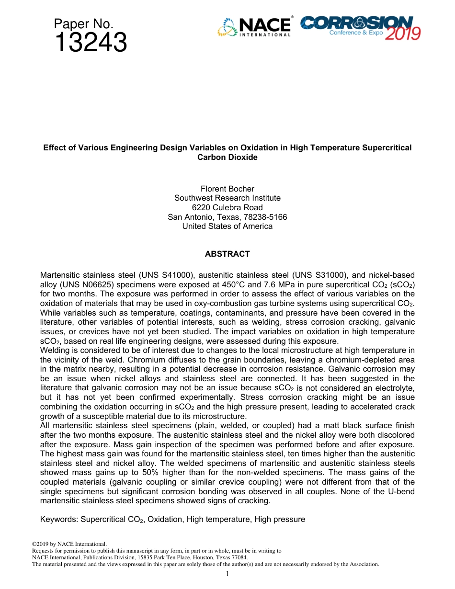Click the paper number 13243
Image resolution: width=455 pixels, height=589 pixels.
[x=91, y=43]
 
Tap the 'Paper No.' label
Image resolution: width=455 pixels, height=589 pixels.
[x=83, y=24]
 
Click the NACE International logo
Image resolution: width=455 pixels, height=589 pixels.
[x=254, y=27]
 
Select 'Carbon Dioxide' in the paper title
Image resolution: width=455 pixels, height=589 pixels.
[x=227, y=157]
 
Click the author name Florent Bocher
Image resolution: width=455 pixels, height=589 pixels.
[x=227, y=189]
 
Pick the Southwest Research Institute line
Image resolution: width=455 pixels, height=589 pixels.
[x=227, y=198]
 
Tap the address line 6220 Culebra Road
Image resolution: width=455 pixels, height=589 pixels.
[x=227, y=207]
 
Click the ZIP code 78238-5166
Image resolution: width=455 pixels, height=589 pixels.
[x=265, y=217]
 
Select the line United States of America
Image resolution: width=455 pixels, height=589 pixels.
[x=227, y=226]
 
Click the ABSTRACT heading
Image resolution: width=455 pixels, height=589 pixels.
[x=227, y=254]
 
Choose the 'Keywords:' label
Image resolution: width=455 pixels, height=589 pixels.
[x=59, y=519]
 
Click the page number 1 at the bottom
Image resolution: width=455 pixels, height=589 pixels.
[x=227, y=574]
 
